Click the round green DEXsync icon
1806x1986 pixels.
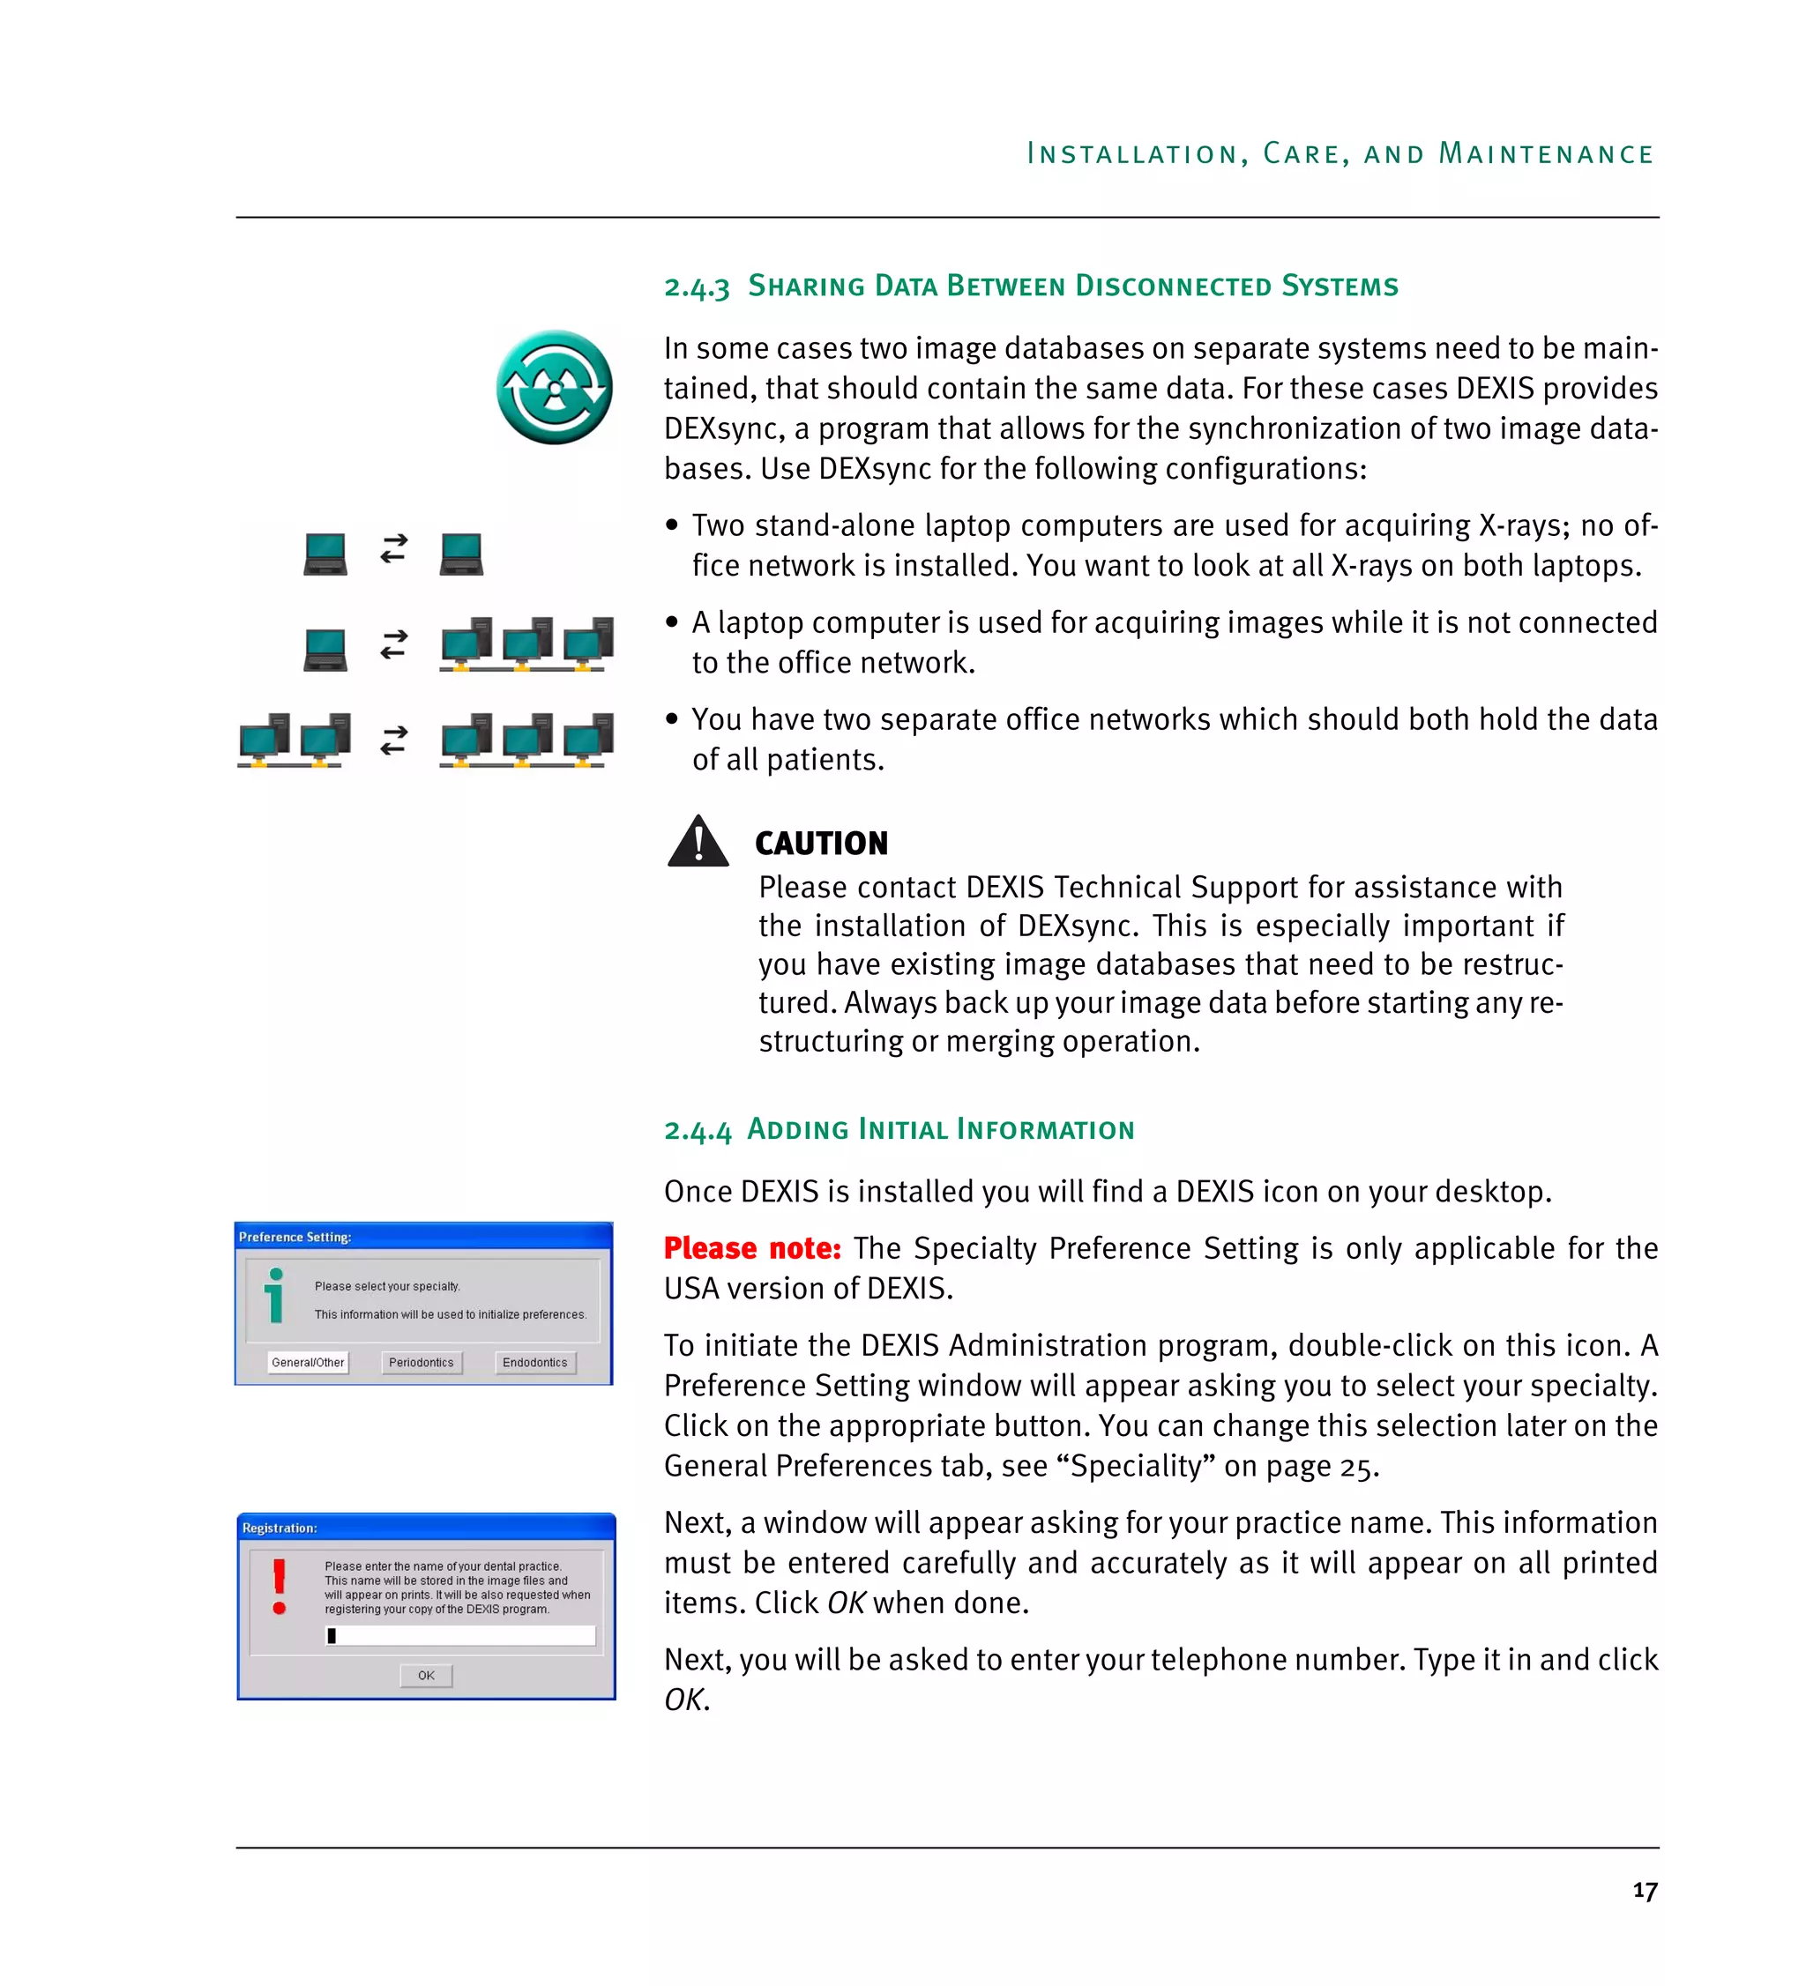click(x=554, y=387)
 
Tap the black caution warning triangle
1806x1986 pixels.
click(x=698, y=844)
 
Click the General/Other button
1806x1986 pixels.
click(x=308, y=1363)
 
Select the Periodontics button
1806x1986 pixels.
click(x=421, y=1363)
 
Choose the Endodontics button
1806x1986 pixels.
click(x=535, y=1363)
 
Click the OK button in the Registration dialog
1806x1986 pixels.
click(x=426, y=1675)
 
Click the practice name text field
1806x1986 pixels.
click(x=460, y=1635)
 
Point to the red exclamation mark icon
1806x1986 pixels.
click(x=280, y=1585)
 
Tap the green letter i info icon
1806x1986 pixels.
click(x=276, y=1296)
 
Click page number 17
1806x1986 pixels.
click(x=1645, y=1891)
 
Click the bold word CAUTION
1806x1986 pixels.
click(x=821, y=844)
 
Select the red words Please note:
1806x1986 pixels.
click(x=751, y=1248)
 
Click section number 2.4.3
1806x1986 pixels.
click(x=697, y=287)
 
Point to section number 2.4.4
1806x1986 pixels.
click(x=698, y=1130)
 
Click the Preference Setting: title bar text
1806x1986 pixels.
click(x=295, y=1237)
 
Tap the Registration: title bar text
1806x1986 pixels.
click(x=280, y=1528)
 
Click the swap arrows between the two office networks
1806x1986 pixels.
click(x=394, y=740)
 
